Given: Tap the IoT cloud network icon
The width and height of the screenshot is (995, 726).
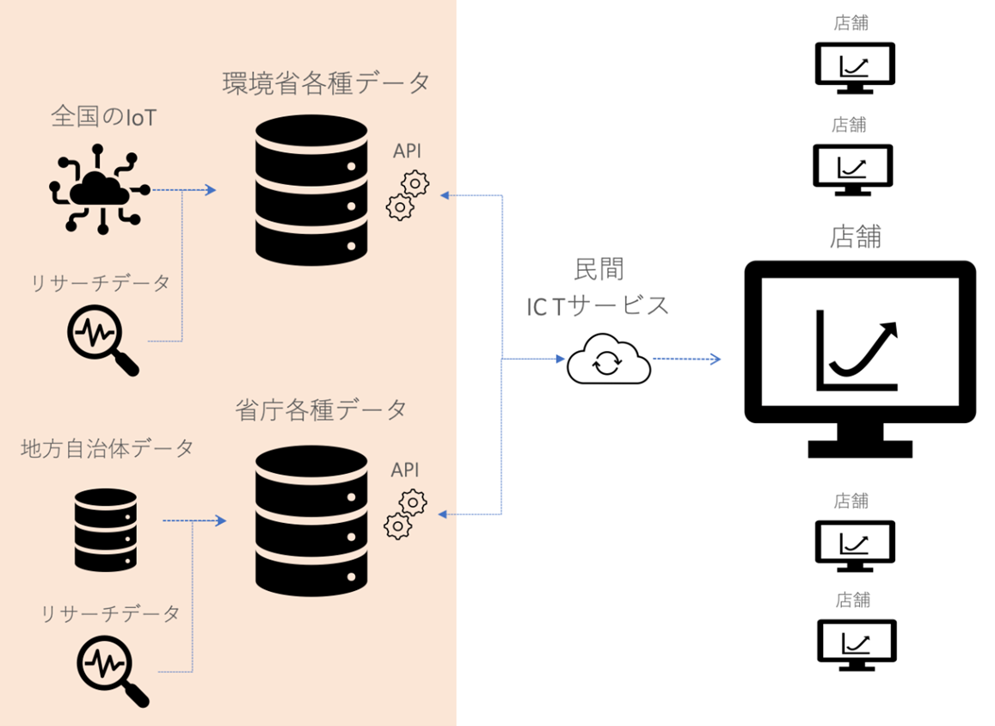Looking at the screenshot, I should pos(99,191).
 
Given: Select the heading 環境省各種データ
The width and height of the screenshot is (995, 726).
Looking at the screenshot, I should pos(326,83).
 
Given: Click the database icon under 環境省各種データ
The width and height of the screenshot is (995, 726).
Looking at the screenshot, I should pos(311,192).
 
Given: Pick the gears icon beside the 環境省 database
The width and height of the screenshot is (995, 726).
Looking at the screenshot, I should pos(407,195).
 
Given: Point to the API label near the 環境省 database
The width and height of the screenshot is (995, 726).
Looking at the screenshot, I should pos(408,151).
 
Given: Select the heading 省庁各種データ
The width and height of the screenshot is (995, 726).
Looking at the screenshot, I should pos(321,410).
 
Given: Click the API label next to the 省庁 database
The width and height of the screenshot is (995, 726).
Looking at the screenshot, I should pos(405,470).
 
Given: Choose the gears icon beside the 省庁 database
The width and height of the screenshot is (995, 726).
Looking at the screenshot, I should pos(405,514).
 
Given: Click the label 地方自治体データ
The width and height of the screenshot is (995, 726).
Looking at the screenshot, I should pos(107,448).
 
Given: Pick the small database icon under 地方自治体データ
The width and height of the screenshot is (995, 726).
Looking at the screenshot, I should pos(105,529).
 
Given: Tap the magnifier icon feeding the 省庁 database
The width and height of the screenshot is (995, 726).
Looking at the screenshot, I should pos(112,668).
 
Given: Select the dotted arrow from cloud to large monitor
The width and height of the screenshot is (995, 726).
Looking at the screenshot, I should pos(686,359).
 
